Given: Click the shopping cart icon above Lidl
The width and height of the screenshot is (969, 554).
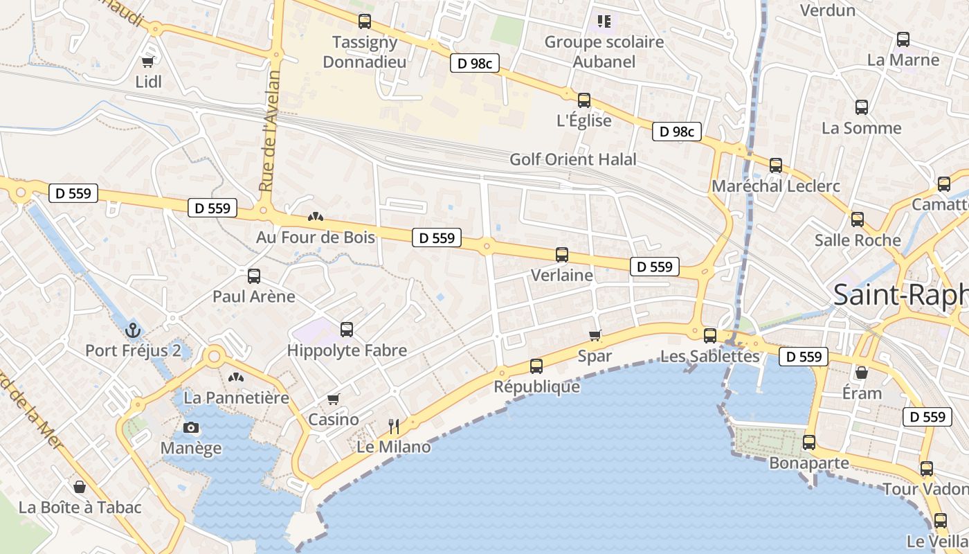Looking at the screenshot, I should pos(147,61).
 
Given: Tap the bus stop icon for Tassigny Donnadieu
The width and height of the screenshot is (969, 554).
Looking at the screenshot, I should pos(365,21).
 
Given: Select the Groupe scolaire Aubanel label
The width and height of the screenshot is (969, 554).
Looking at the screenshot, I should pos(604,51).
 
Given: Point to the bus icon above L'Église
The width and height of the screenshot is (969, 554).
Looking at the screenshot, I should pos(584,100).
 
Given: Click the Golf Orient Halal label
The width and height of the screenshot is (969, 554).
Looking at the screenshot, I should pos(572,159).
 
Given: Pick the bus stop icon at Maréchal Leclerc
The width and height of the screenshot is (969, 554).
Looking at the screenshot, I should pos(776,166).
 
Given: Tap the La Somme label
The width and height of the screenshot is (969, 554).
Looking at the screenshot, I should pos(861,128).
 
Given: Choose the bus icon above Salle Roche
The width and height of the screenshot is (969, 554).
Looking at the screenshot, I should pos(858,220).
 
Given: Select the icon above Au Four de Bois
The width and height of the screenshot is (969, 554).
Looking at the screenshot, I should pos(316,217).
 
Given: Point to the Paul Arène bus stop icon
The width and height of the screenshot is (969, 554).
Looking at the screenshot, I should pos(254,276).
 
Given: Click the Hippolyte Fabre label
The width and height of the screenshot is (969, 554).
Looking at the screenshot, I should pos(347,350).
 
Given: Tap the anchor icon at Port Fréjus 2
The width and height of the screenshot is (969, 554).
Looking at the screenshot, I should pos(133,330).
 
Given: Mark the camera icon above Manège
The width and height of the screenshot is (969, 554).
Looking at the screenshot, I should pos(191,427).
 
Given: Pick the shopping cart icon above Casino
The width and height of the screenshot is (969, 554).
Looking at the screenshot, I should pos(334,399).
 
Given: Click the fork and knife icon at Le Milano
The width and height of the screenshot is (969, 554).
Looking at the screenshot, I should pos(394,425).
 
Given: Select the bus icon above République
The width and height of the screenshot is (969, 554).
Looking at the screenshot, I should pos(536,366).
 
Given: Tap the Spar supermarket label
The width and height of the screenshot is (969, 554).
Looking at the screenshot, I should pos(595,356).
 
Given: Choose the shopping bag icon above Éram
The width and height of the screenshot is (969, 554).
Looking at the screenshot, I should pos(862,373).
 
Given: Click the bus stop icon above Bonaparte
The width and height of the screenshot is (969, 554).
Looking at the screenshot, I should pos(809,442).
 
